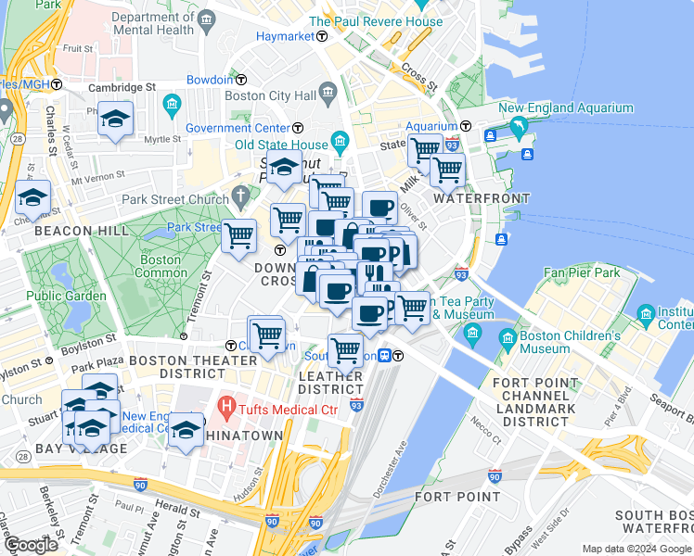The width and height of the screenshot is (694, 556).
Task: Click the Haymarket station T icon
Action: (x=322, y=36)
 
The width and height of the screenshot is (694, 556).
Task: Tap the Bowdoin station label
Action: (x=209, y=80)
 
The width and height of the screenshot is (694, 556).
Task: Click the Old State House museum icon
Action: (x=340, y=144)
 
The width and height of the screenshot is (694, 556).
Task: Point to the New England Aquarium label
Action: (x=566, y=108)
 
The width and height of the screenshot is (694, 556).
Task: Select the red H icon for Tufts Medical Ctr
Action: (x=225, y=405)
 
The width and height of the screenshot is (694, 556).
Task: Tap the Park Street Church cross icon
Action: (x=242, y=196)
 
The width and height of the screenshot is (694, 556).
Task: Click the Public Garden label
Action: (x=57, y=296)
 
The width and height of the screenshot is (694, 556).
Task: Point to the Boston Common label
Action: (x=160, y=267)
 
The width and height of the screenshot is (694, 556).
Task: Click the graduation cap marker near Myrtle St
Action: (x=116, y=120)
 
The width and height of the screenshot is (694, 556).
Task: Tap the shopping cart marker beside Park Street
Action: (x=239, y=235)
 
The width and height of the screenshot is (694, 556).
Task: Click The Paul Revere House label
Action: (x=376, y=21)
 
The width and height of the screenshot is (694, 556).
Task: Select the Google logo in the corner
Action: (x=31, y=545)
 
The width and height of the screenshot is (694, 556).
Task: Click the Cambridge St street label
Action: (x=122, y=87)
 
